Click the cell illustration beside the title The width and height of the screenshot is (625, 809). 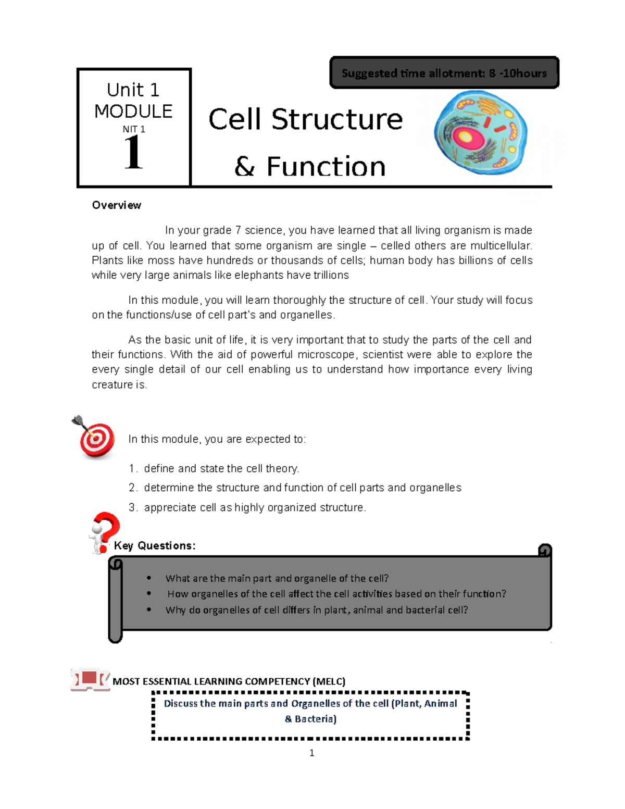coord(480,132)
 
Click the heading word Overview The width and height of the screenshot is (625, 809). coord(117,205)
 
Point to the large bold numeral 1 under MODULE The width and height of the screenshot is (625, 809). coord(133,153)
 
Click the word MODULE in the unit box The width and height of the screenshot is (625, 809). coord(133,111)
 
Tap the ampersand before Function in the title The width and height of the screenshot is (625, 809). coord(244,167)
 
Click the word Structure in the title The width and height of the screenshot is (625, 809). coord(337,120)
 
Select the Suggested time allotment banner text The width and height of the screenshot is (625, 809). coord(444,73)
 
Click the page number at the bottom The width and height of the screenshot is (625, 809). coord(311,753)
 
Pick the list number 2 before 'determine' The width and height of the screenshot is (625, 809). coord(133,488)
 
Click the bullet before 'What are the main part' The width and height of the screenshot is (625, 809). coord(149,578)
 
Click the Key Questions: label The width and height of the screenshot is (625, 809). coord(155,545)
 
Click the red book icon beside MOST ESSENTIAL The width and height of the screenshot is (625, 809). coord(90,680)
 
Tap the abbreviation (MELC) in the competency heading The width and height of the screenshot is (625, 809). coord(329,681)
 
